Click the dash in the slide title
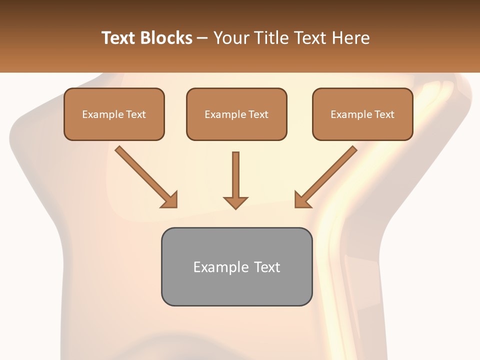202,38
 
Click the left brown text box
114,114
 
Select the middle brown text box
236,114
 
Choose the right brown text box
362,114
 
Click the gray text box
236,266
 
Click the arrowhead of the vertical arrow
235,202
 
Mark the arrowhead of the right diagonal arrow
302,200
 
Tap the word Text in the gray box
267,267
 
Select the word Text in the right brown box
384,114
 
